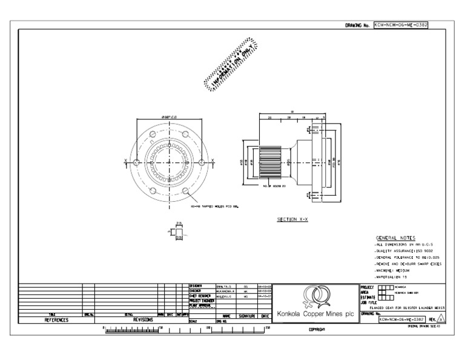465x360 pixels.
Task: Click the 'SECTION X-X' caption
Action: pyautogui.click(x=292, y=219)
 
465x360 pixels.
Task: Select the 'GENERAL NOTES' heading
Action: pyautogui.click(x=395, y=238)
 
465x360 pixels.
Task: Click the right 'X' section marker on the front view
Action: pyautogui.click(x=211, y=161)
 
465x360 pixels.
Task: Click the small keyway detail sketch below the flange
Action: pyautogui.click(x=178, y=232)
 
